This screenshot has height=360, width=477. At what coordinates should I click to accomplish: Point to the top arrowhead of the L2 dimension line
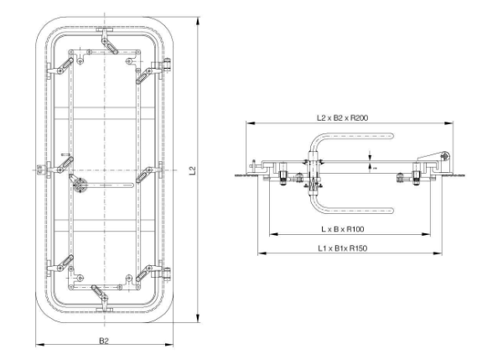click(198, 18)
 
